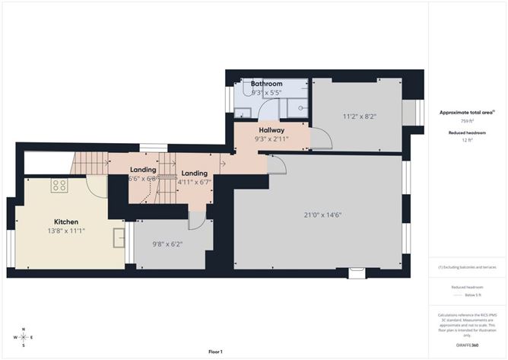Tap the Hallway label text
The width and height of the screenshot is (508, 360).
(271, 130)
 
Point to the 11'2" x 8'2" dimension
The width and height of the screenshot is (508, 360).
(359, 116)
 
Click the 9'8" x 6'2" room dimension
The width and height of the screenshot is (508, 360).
(167, 244)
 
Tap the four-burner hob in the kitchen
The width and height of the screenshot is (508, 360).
(59, 185)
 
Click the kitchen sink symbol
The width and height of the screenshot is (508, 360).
(119, 237)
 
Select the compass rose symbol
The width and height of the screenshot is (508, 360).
(24, 337)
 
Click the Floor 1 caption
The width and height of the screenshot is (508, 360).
(215, 352)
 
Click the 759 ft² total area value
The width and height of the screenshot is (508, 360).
(467, 121)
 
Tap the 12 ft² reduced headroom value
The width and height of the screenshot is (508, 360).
(467, 141)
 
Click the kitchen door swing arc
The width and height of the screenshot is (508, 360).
(97, 186)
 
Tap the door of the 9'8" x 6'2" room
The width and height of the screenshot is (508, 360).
(196, 221)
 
